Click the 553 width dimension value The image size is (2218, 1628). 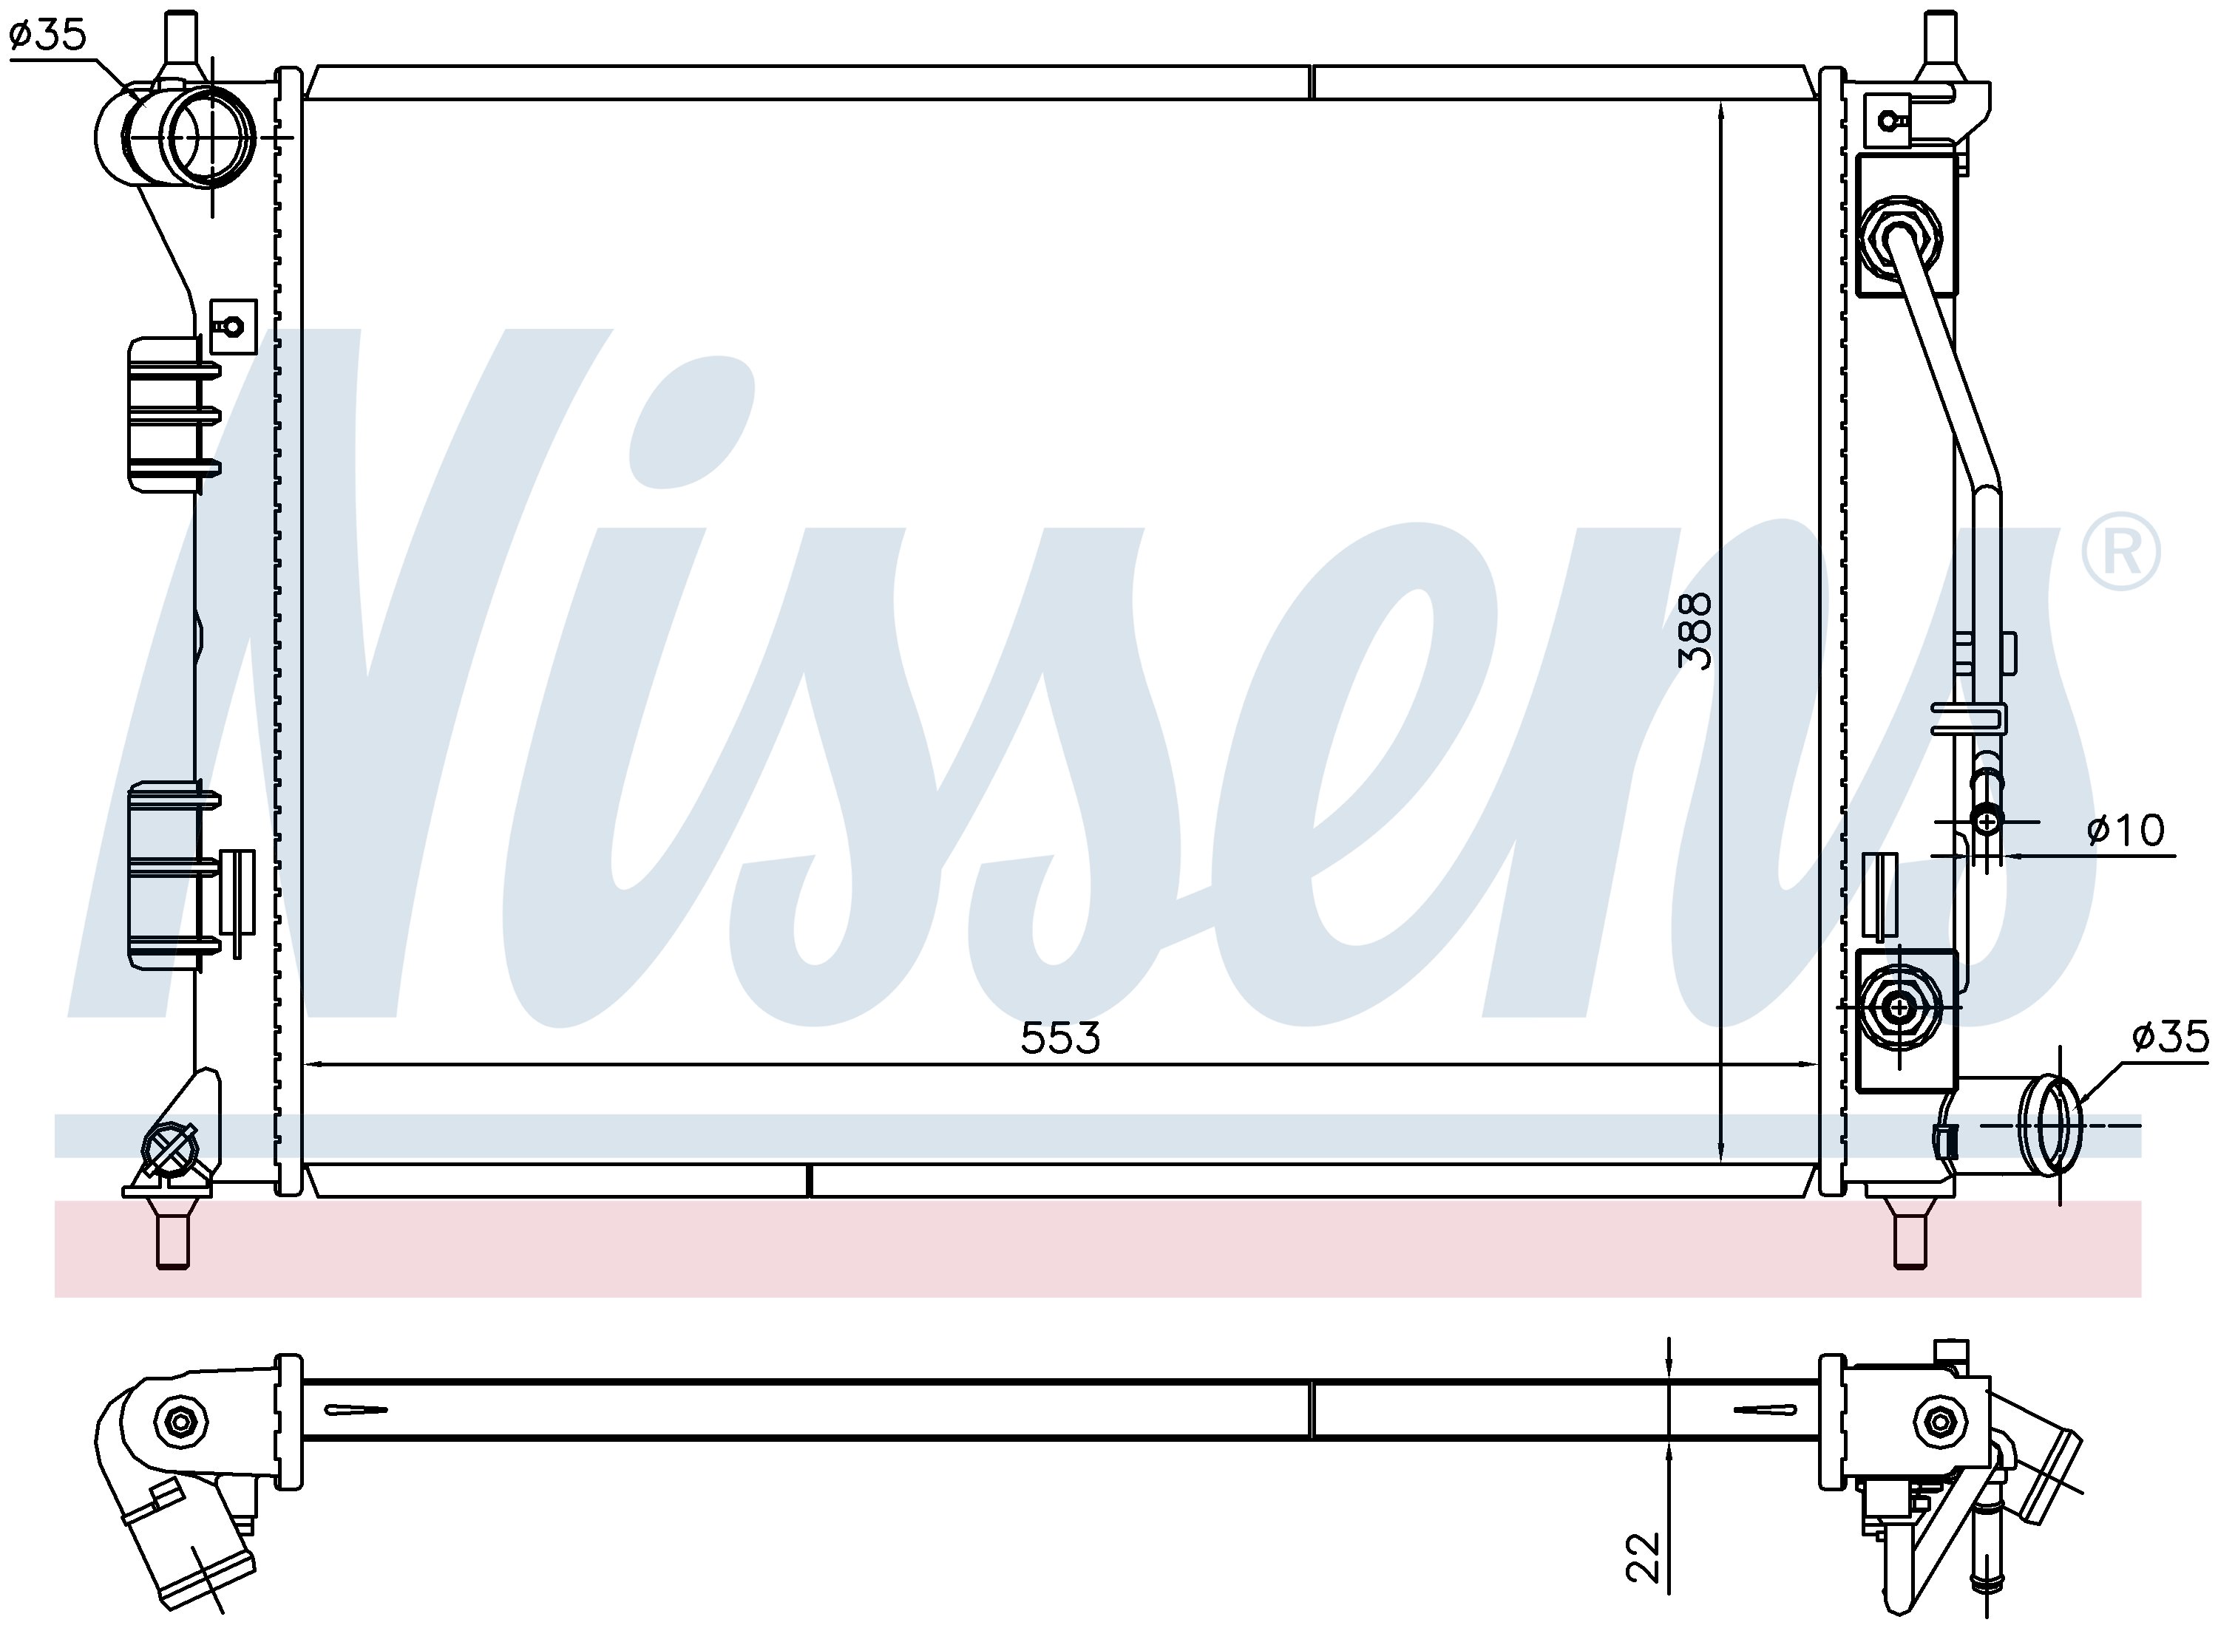[x=1059, y=1038]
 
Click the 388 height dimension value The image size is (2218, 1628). [x=1695, y=630]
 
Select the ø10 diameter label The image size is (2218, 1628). [x=2126, y=830]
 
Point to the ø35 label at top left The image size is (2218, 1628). [x=48, y=35]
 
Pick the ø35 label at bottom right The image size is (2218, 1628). [x=2171, y=1037]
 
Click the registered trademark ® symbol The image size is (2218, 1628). [x=2120, y=552]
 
